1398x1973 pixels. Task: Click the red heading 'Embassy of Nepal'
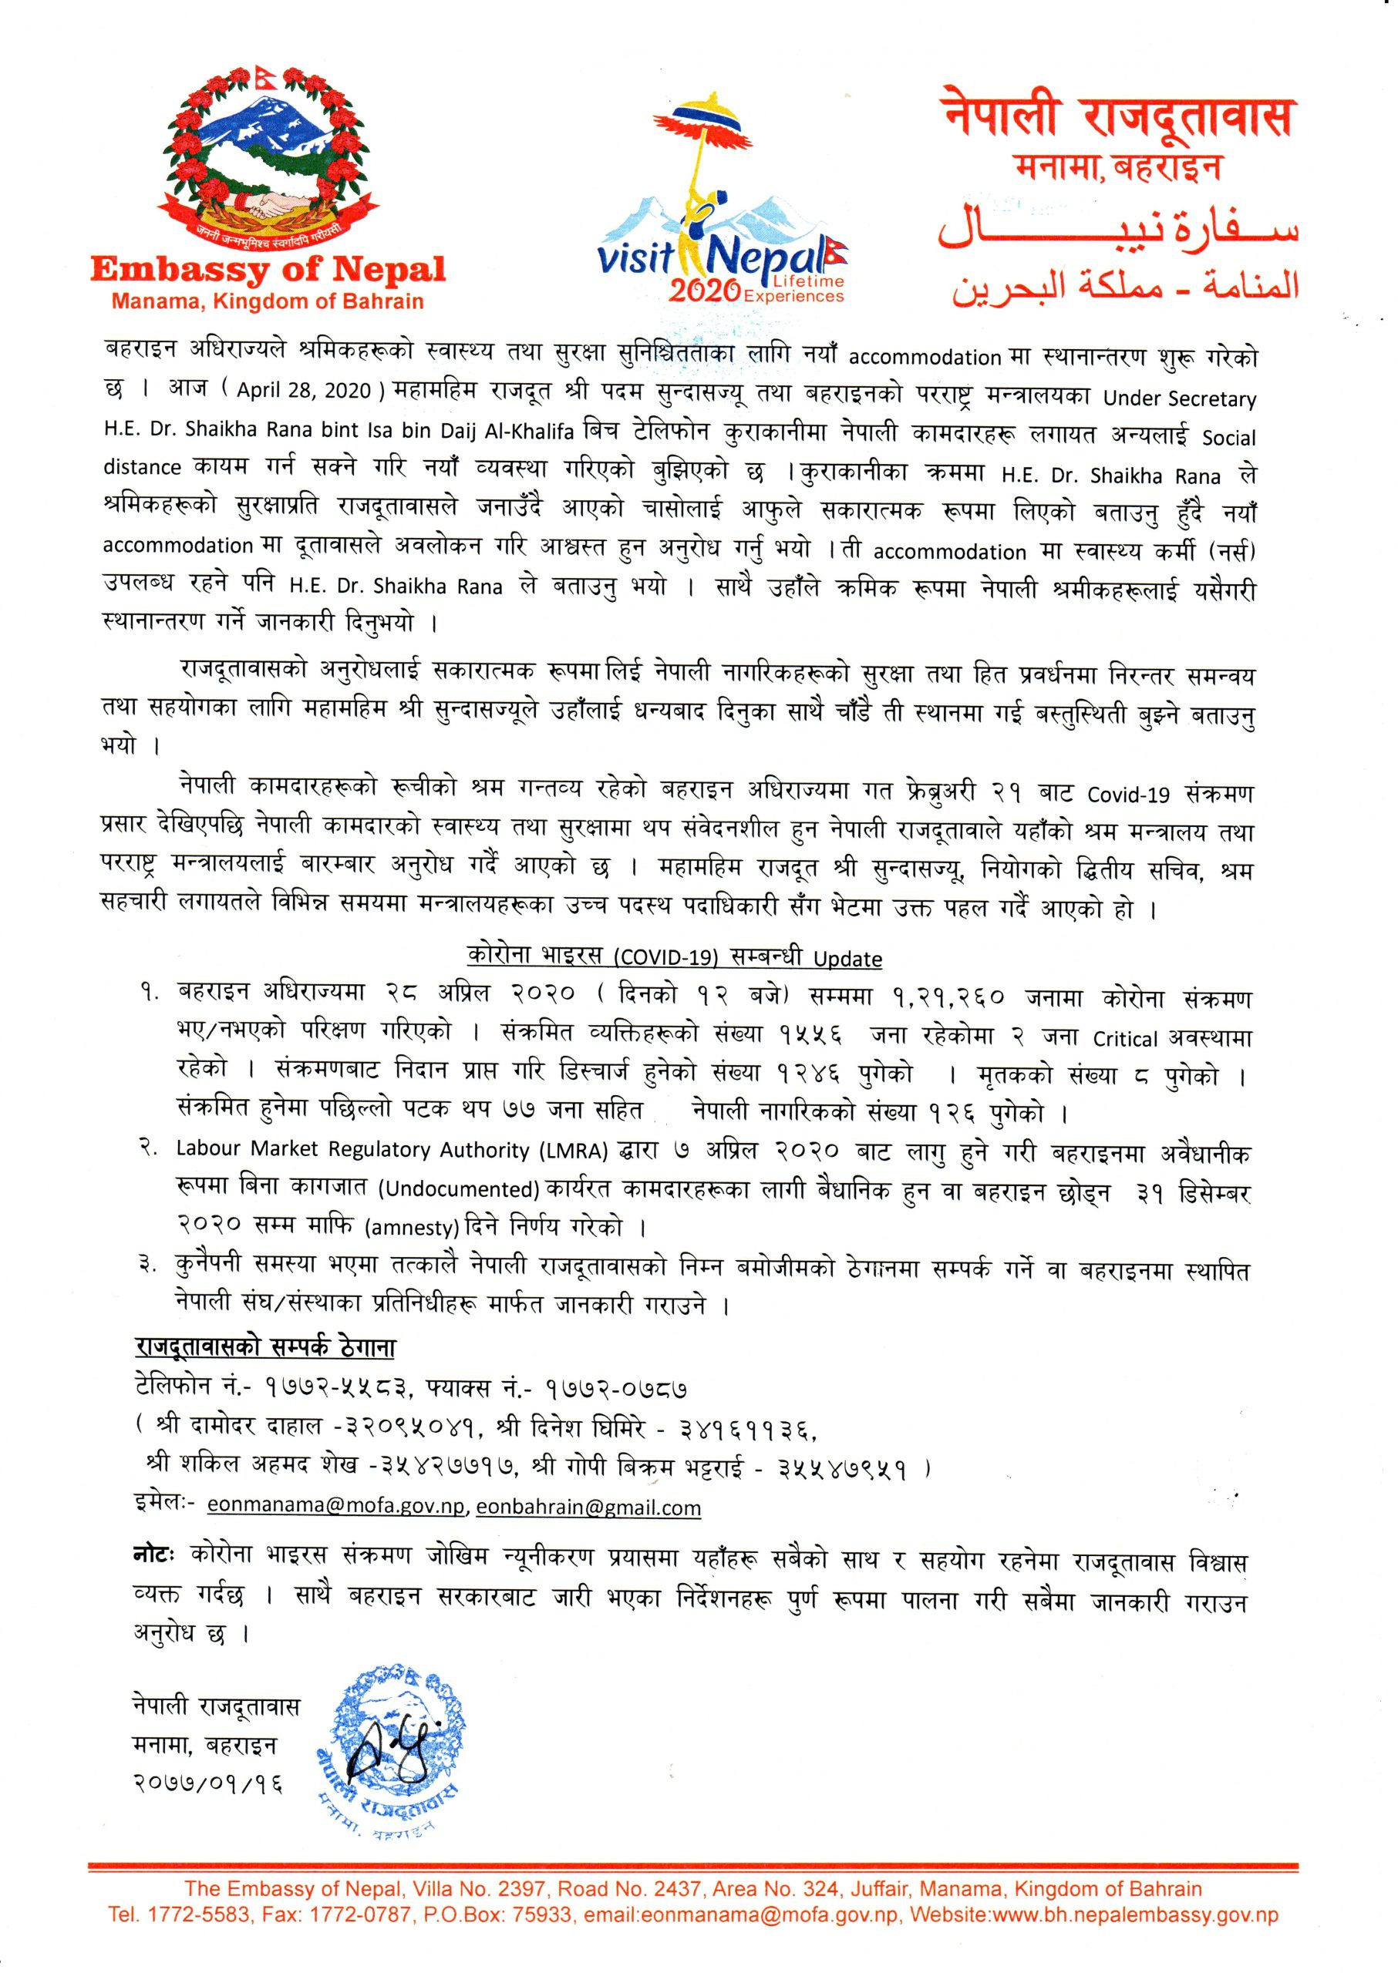(268, 271)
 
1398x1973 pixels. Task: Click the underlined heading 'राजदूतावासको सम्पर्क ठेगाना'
(265, 1346)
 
